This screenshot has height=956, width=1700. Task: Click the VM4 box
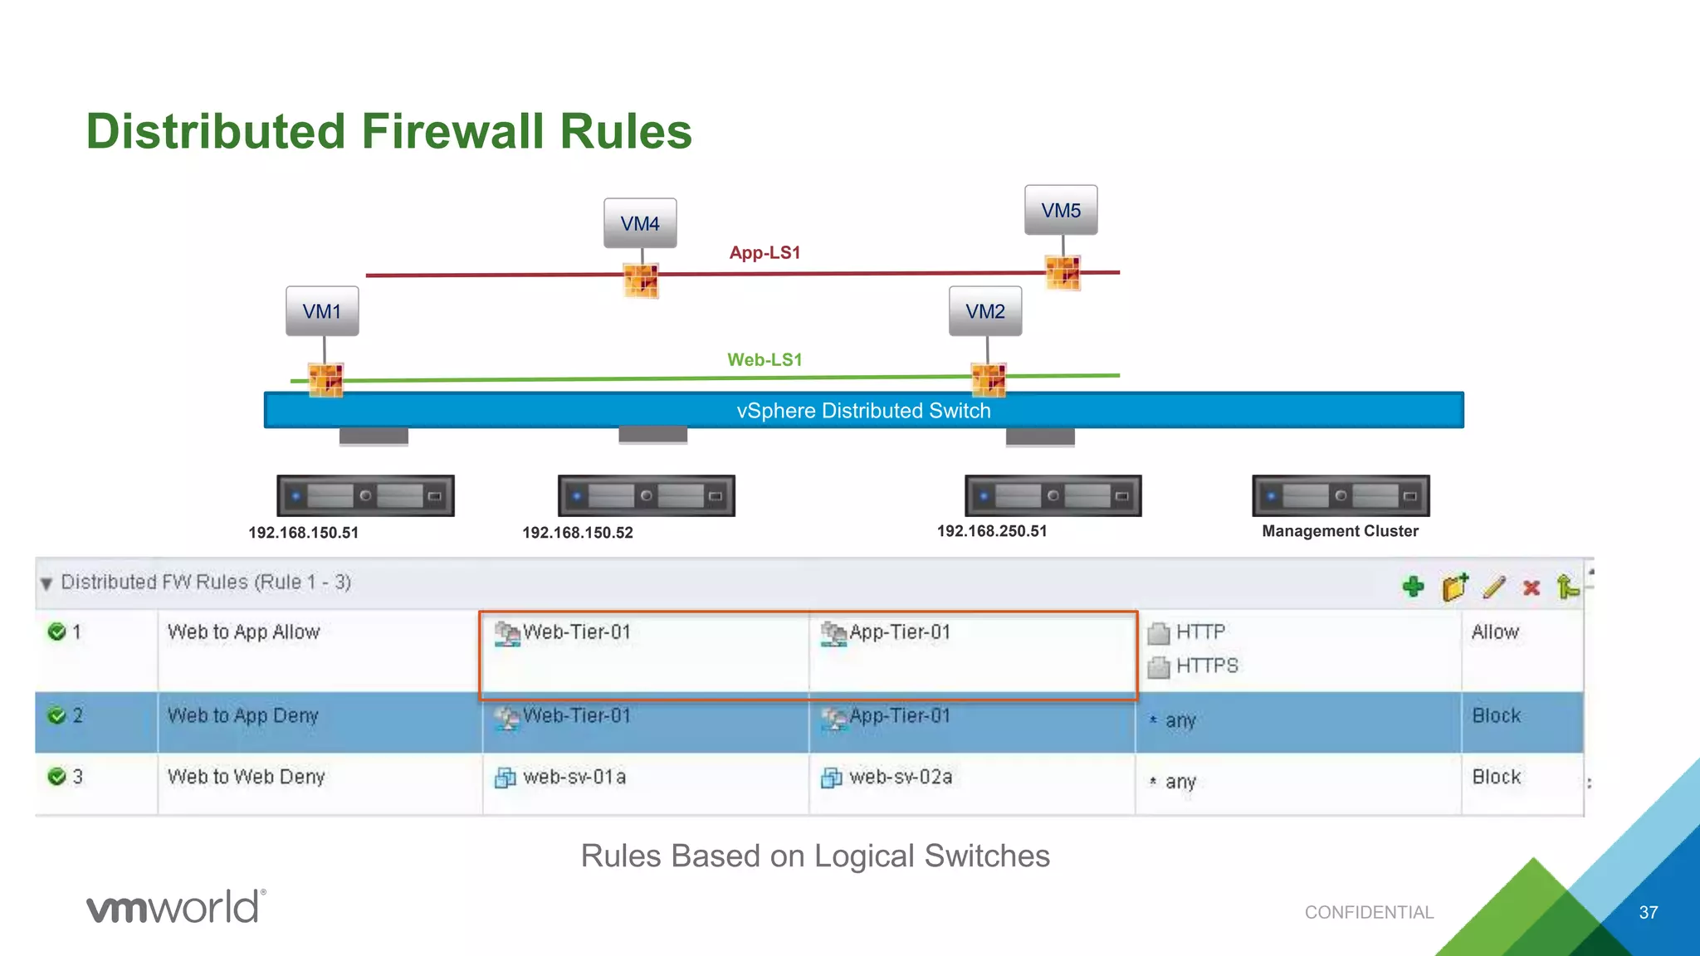640,223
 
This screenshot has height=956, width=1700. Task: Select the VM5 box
1061,210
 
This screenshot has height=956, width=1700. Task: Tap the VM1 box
322,311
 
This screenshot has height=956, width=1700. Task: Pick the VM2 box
985,311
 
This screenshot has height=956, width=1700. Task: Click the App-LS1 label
765,252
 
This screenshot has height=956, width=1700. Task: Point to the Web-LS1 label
765,359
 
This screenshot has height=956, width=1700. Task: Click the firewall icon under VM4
641,280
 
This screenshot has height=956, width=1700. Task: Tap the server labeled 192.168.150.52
646,496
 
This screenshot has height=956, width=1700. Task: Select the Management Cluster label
1340,531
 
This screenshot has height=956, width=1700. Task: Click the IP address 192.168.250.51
992,531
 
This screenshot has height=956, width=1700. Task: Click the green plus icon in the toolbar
1413,587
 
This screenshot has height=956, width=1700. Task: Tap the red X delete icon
1531,588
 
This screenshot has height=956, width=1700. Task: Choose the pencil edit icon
1493,587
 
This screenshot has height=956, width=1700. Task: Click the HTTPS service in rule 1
1206,666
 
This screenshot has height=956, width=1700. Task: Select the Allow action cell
1495,632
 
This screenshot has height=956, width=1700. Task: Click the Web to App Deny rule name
243,715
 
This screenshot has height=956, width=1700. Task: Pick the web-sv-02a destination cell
900,777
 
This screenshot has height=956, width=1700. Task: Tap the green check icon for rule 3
57,777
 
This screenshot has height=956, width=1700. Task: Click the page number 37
1648,912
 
